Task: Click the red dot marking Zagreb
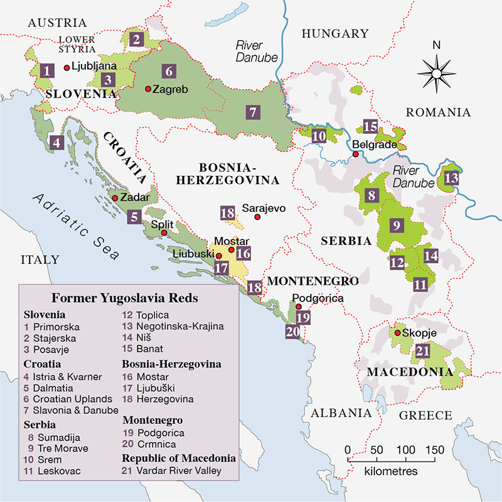click(x=148, y=89)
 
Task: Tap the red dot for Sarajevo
click(x=257, y=217)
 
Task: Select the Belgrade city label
click(x=374, y=144)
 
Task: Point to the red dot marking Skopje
click(x=397, y=333)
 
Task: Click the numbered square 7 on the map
click(x=252, y=113)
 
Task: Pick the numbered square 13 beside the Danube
click(x=451, y=178)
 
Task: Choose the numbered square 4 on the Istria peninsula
click(x=58, y=143)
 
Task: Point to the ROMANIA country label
click(x=438, y=112)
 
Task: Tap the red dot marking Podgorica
click(x=299, y=307)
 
